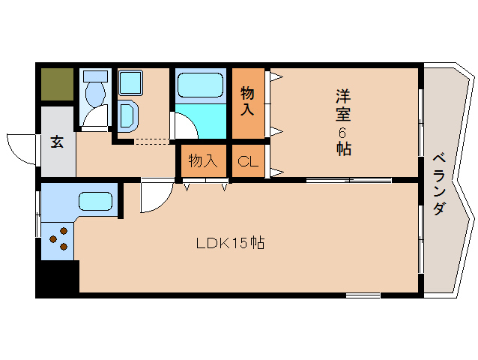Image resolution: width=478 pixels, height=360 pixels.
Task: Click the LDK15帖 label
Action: tap(230, 243)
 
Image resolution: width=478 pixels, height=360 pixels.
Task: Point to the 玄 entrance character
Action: tap(57, 142)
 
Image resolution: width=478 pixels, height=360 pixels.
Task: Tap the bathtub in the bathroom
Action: tap(200, 84)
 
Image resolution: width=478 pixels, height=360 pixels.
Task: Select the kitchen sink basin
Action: tap(95, 202)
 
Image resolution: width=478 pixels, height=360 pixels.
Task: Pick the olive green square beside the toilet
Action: tap(57, 85)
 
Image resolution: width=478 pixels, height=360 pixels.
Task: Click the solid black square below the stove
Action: tap(58, 277)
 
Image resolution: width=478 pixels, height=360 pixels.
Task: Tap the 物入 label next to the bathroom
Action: tap(247, 102)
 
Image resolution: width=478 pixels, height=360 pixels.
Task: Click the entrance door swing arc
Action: tap(21, 147)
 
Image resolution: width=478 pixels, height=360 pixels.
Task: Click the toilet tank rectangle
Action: tap(95, 76)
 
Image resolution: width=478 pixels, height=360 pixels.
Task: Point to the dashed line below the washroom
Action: tap(153, 140)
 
